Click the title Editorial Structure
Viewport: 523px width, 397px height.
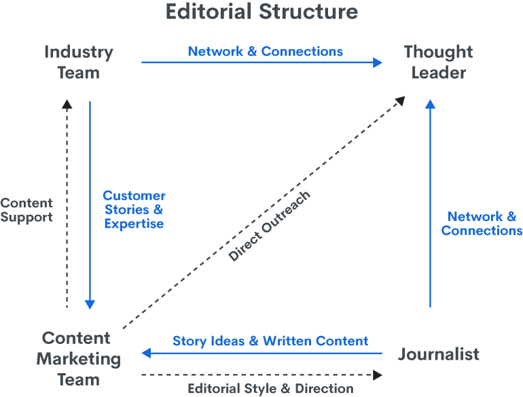261,12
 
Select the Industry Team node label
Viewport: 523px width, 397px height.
79,61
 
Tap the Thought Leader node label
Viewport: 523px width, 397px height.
438,61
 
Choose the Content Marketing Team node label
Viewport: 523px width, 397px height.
79,358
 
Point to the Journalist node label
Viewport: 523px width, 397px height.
439,354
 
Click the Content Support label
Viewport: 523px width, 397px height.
26,209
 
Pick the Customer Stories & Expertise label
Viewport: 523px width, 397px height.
134,209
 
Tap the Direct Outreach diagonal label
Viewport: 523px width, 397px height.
270,227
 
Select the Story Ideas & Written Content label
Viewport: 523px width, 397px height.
270,341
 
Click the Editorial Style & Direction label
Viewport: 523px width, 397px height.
270,389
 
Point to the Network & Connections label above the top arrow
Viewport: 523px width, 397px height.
266,52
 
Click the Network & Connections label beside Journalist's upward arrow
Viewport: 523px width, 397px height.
482,224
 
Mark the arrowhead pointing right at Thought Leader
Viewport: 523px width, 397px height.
378,63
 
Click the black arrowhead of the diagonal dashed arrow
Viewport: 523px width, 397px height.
400,101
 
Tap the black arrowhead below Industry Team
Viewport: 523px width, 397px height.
67,103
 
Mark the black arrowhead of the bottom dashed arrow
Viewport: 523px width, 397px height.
378,375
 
